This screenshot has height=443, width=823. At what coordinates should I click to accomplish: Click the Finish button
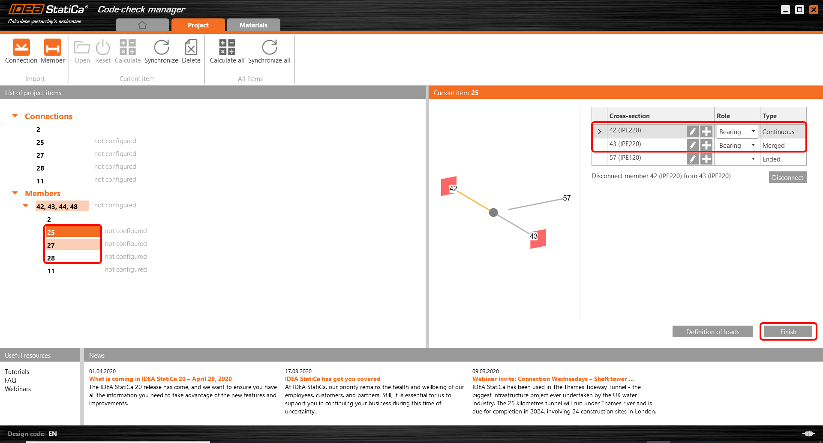coord(788,332)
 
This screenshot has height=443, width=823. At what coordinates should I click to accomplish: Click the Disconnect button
coord(787,177)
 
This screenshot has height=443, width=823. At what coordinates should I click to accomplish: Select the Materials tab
coord(253,25)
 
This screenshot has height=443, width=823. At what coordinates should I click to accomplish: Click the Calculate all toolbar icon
coord(227,48)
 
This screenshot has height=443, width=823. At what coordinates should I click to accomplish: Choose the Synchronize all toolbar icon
coord(269,48)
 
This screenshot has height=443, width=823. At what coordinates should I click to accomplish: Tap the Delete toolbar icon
coord(191,48)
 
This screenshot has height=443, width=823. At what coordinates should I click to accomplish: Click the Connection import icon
coord(21,48)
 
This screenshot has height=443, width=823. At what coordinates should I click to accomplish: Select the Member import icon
coord(53,48)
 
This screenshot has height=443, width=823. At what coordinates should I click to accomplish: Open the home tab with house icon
coord(142,25)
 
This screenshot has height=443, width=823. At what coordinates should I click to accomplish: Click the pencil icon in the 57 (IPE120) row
coord(692,159)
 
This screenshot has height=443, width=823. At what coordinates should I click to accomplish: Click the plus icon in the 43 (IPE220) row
coord(706,145)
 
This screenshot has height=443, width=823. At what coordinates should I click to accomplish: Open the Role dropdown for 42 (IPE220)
coord(737,132)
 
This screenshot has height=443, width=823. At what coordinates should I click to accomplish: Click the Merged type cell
coord(782,146)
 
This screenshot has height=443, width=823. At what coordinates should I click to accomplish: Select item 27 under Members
coord(51,245)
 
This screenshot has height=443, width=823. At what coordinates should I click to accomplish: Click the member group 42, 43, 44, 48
coord(57,207)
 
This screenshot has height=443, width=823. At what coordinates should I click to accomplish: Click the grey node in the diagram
coord(493,213)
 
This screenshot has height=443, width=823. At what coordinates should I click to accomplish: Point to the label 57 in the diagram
coord(567,198)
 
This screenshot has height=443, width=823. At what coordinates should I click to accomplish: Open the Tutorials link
coord(17,372)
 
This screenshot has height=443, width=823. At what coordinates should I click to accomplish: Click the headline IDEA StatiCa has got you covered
coord(333,379)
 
